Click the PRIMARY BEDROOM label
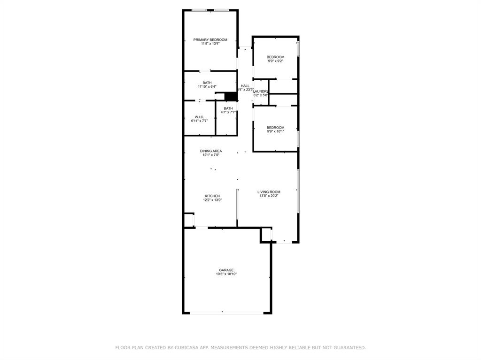(210, 40)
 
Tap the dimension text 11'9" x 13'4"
(210, 44)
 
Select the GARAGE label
(226, 270)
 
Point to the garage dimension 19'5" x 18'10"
(226, 274)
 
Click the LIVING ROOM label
(269, 192)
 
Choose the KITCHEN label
(212, 196)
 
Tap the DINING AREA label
(211, 151)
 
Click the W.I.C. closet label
(199, 117)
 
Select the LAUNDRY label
(260, 91)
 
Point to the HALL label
(245, 86)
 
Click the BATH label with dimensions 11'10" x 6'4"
(207, 83)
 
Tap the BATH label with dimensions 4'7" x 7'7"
(228, 108)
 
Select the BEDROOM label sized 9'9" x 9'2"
(275, 57)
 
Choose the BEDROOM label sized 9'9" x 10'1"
(275, 128)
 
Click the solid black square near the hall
(230, 96)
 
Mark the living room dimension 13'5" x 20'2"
(269, 196)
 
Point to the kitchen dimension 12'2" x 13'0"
(212, 200)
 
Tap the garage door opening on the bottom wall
(227, 313)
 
